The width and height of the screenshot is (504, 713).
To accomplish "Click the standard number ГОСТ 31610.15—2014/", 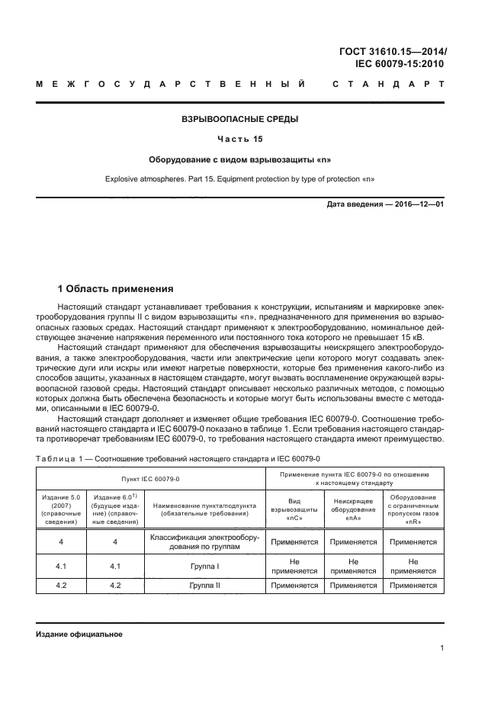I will [393, 52].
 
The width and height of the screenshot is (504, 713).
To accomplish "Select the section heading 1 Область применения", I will [116, 289].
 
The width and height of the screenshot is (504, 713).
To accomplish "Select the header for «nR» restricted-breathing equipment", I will [413, 509].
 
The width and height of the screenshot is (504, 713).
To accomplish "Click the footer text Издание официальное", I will [79, 634].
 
